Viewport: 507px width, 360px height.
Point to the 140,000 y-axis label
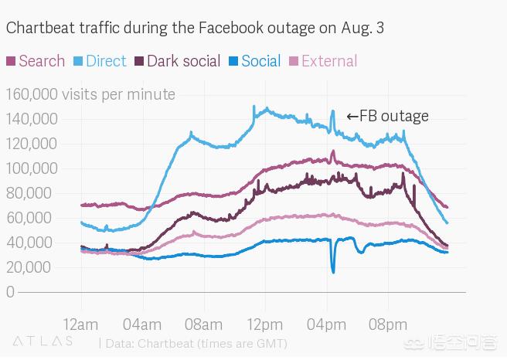32,119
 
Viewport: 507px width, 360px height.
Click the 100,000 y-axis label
32,168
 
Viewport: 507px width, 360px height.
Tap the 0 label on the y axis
10,292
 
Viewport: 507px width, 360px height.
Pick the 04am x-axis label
141,323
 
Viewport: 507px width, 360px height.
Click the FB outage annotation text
387,117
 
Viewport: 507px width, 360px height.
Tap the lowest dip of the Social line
333,271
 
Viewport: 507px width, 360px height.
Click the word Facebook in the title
233,29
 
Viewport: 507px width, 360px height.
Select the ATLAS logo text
43,341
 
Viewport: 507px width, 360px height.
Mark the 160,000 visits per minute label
90,94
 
